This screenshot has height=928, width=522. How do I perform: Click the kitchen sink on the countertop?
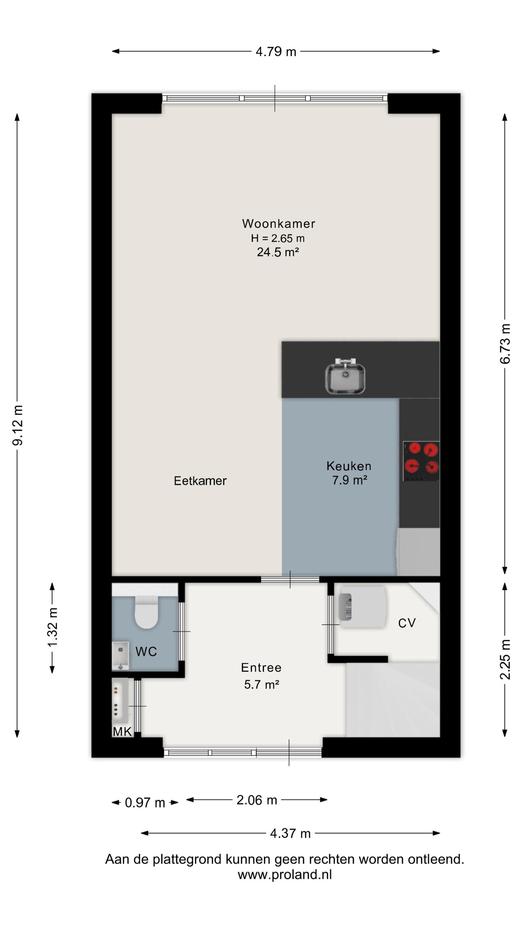(345, 377)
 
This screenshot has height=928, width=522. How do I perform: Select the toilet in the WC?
(146, 612)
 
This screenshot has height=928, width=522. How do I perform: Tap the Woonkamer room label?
(278, 223)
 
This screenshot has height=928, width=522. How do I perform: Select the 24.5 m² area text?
(278, 252)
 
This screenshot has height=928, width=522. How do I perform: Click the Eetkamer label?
(200, 481)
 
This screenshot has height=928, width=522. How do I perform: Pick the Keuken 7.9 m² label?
(349, 473)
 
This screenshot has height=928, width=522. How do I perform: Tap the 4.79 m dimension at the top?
(276, 51)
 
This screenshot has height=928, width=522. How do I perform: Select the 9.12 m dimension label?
(17, 425)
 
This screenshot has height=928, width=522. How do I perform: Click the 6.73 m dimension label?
(505, 344)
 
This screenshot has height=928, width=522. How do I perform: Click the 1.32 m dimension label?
(53, 627)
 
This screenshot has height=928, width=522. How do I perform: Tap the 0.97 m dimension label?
(145, 803)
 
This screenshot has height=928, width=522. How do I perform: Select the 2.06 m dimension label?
(257, 800)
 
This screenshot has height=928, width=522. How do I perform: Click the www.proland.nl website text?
(285, 875)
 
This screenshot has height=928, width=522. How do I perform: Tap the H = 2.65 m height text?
(278, 238)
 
